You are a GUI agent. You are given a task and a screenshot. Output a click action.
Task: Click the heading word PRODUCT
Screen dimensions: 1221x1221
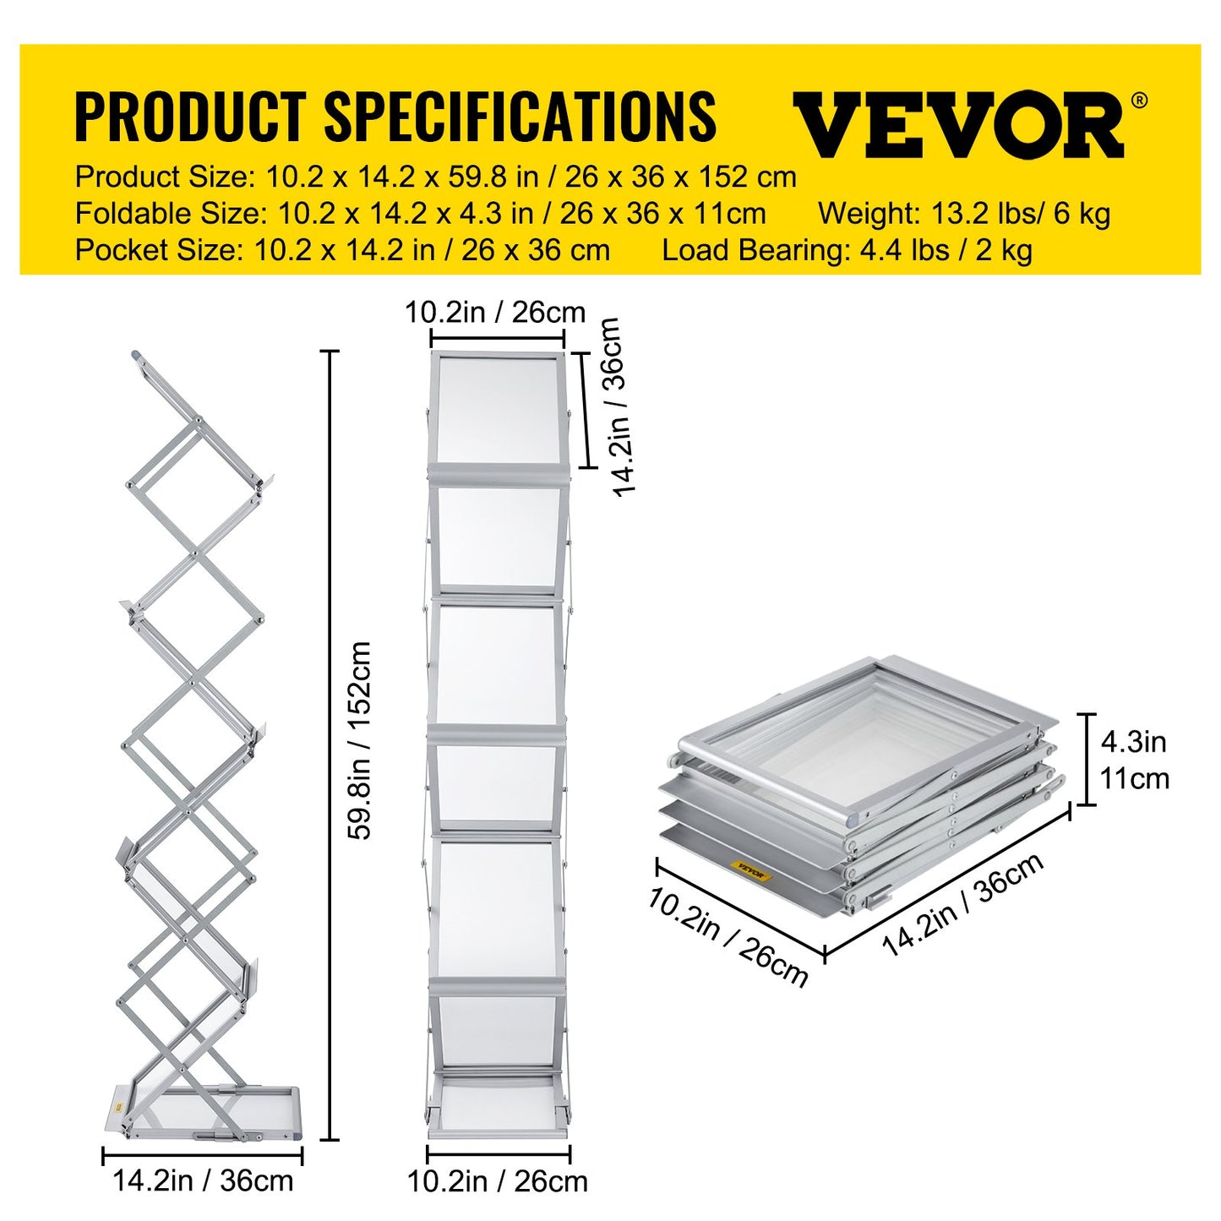pyautogui.click(x=189, y=117)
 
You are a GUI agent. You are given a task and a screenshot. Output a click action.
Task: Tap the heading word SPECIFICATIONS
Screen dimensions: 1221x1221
pyautogui.click(x=520, y=117)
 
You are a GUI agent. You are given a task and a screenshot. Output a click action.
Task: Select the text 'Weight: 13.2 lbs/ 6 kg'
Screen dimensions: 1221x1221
pyautogui.click(x=963, y=214)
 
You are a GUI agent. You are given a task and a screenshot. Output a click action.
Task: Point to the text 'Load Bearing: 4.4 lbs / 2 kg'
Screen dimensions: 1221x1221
pyautogui.click(x=847, y=251)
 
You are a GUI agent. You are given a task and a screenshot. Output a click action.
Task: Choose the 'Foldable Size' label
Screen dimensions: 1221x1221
pyautogui.click(x=168, y=214)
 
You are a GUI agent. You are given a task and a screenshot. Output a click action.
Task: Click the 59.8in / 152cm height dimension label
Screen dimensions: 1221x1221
pyautogui.click(x=361, y=739)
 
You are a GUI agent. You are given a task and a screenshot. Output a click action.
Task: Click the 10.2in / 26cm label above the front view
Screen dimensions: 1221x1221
pyautogui.click(x=495, y=313)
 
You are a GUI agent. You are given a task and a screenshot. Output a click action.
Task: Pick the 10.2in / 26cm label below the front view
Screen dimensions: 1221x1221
pyautogui.click(x=498, y=1180)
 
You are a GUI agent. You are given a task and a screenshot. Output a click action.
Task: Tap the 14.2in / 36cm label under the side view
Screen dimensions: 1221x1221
pyautogui.click(x=203, y=1180)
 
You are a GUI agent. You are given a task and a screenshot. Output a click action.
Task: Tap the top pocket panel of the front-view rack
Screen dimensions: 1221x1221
pyautogui.click(x=497, y=410)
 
